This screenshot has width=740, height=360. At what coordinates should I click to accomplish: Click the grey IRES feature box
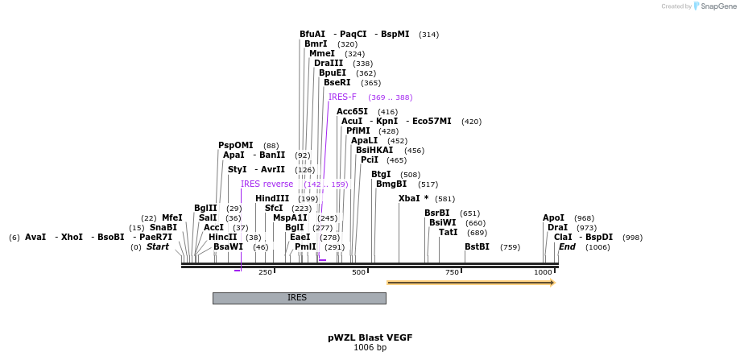tap(299, 298)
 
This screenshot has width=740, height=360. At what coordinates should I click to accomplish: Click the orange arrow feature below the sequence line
tap(470, 283)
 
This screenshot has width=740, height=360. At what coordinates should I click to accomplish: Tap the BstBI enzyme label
tap(477, 247)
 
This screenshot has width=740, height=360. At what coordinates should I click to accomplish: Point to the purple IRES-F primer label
tap(342, 97)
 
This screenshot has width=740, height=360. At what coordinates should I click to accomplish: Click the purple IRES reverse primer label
tap(267, 184)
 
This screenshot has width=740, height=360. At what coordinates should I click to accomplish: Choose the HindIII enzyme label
tap(272, 198)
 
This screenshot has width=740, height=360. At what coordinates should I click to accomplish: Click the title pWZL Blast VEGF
tap(370, 337)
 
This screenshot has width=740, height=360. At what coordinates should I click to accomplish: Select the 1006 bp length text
tap(370, 348)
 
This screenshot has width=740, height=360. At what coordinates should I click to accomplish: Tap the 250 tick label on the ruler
tap(265, 273)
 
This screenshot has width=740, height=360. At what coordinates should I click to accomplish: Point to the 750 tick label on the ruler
tap(453, 273)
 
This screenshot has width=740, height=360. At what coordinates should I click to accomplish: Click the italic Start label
tap(157, 247)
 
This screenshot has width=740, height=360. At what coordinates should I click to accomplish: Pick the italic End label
tap(567, 247)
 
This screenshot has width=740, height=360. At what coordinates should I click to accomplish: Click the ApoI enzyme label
tap(553, 217)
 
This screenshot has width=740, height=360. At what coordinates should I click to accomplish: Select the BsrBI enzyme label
tap(437, 213)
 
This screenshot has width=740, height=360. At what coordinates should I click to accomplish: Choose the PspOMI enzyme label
tap(235, 146)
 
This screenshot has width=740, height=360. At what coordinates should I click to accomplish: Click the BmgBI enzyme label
tap(391, 184)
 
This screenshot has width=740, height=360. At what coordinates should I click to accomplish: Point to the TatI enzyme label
tap(448, 233)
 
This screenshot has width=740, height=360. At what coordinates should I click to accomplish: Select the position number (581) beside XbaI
tap(444, 199)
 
